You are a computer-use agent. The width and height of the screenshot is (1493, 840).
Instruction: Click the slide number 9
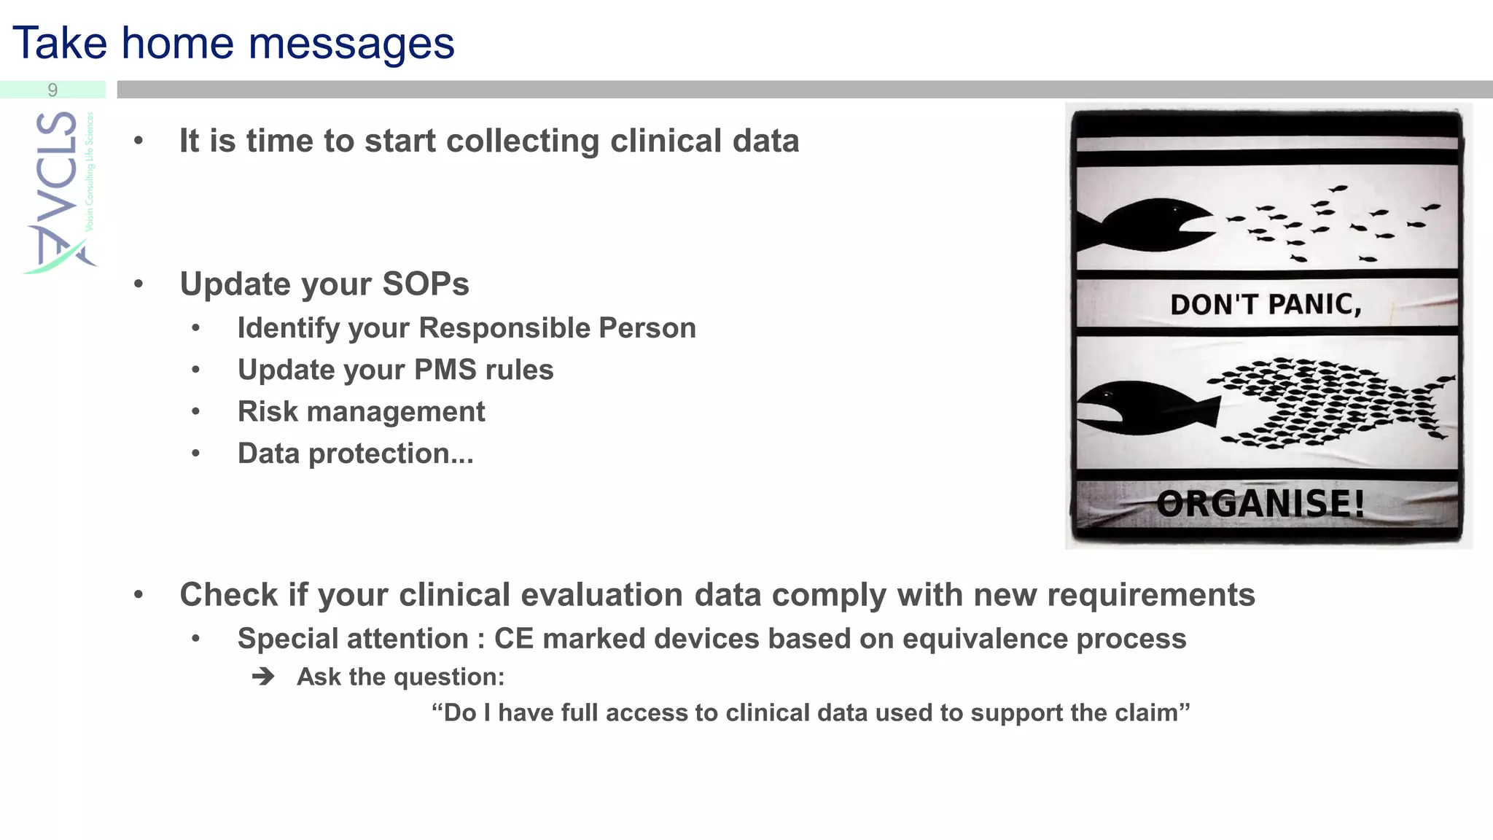52,90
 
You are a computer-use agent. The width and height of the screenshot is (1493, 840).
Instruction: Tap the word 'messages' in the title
351,43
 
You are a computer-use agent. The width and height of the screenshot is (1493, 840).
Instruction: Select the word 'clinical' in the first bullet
666,141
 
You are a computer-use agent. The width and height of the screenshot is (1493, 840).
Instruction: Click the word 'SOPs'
426,284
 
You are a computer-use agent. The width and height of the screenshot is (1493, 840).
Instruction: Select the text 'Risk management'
361,411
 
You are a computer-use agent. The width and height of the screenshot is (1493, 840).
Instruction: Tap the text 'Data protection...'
355,454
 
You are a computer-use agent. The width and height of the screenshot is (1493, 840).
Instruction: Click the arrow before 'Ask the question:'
263,677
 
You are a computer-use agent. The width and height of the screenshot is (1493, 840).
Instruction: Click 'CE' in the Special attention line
514,639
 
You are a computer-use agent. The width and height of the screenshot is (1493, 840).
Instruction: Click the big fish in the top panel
1145,225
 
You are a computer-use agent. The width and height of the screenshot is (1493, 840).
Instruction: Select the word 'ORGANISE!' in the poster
1260,504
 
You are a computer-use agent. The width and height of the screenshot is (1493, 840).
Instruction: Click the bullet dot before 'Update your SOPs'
139,284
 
